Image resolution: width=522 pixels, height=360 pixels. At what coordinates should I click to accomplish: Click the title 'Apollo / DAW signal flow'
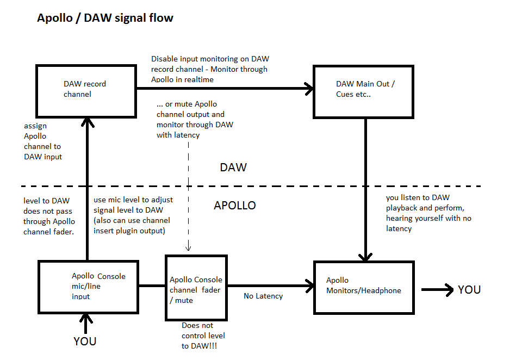tap(105, 18)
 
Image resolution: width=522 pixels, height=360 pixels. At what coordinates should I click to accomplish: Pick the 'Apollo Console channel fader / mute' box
tap(196, 288)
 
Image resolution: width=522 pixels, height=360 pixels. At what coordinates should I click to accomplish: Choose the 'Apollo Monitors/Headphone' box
tap(364, 286)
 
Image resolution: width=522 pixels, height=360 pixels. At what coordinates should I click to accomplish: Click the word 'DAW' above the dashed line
tap(233, 167)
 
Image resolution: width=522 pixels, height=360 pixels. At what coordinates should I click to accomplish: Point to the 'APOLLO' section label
tap(234, 206)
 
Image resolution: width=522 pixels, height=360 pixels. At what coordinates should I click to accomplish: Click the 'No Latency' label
tap(263, 296)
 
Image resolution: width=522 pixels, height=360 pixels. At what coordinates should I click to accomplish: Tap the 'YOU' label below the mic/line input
tap(85, 342)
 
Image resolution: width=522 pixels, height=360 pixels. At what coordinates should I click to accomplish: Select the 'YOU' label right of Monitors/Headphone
tap(469, 290)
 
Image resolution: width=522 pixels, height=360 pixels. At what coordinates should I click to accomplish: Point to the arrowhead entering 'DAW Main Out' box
tap(309, 89)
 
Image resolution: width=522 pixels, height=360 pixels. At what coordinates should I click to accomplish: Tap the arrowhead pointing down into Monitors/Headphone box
tap(365, 256)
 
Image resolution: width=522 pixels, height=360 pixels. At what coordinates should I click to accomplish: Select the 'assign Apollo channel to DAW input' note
tap(42, 141)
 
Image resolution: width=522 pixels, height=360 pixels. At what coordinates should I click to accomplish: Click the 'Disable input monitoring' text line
tap(210, 59)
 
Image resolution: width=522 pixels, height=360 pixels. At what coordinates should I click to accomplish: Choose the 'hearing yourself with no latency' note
tap(428, 218)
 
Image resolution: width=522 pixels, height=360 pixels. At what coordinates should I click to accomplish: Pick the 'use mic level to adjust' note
tap(129, 200)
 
